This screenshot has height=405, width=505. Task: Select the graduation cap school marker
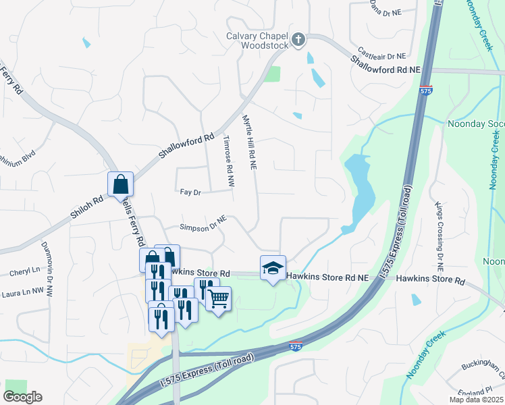click(273, 268)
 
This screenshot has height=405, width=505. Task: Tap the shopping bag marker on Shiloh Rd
click(120, 184)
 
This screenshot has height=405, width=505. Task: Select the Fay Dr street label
click(190, 192)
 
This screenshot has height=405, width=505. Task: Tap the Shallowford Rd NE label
click(385, 65)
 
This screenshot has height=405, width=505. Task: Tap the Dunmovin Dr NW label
click(46, 267)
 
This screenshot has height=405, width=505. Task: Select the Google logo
click(22, 397)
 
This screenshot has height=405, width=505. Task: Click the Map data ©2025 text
click(477, 400)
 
